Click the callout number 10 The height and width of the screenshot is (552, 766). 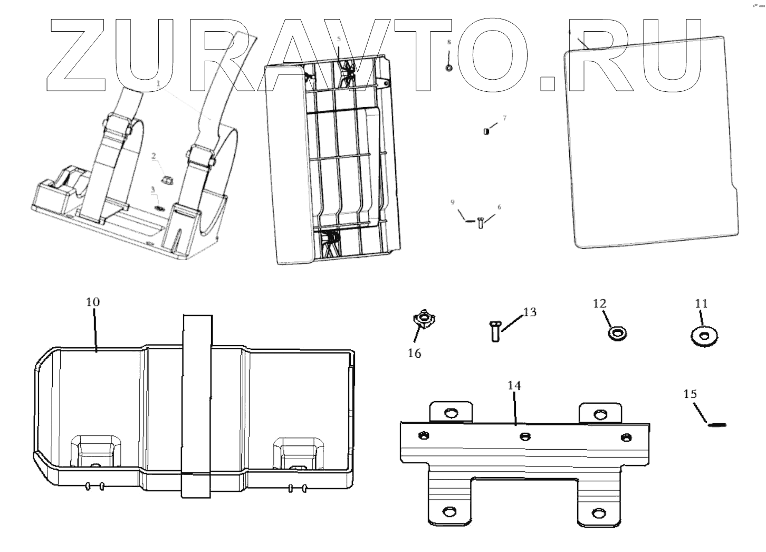coord(93,302)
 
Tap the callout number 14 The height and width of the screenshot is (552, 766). coord(514,386)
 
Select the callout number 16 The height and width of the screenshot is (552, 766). coord(415,353)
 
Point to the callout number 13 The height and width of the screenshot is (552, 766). coord(530,312)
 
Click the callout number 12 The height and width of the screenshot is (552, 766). coord(599,303)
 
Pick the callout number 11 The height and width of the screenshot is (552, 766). coord(701,303)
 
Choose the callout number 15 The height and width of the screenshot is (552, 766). coord(690,394)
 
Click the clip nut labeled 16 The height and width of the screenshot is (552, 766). coord(424,319)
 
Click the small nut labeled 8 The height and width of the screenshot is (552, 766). coord(449,68)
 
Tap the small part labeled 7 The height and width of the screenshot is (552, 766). coord(486,131)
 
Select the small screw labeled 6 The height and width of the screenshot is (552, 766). coord(481,223)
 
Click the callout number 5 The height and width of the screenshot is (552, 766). coord(339,39)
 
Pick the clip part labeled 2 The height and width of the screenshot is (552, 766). coord(167,179)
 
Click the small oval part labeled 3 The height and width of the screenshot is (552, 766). coord(159,208)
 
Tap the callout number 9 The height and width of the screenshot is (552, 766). coord(453,202)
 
